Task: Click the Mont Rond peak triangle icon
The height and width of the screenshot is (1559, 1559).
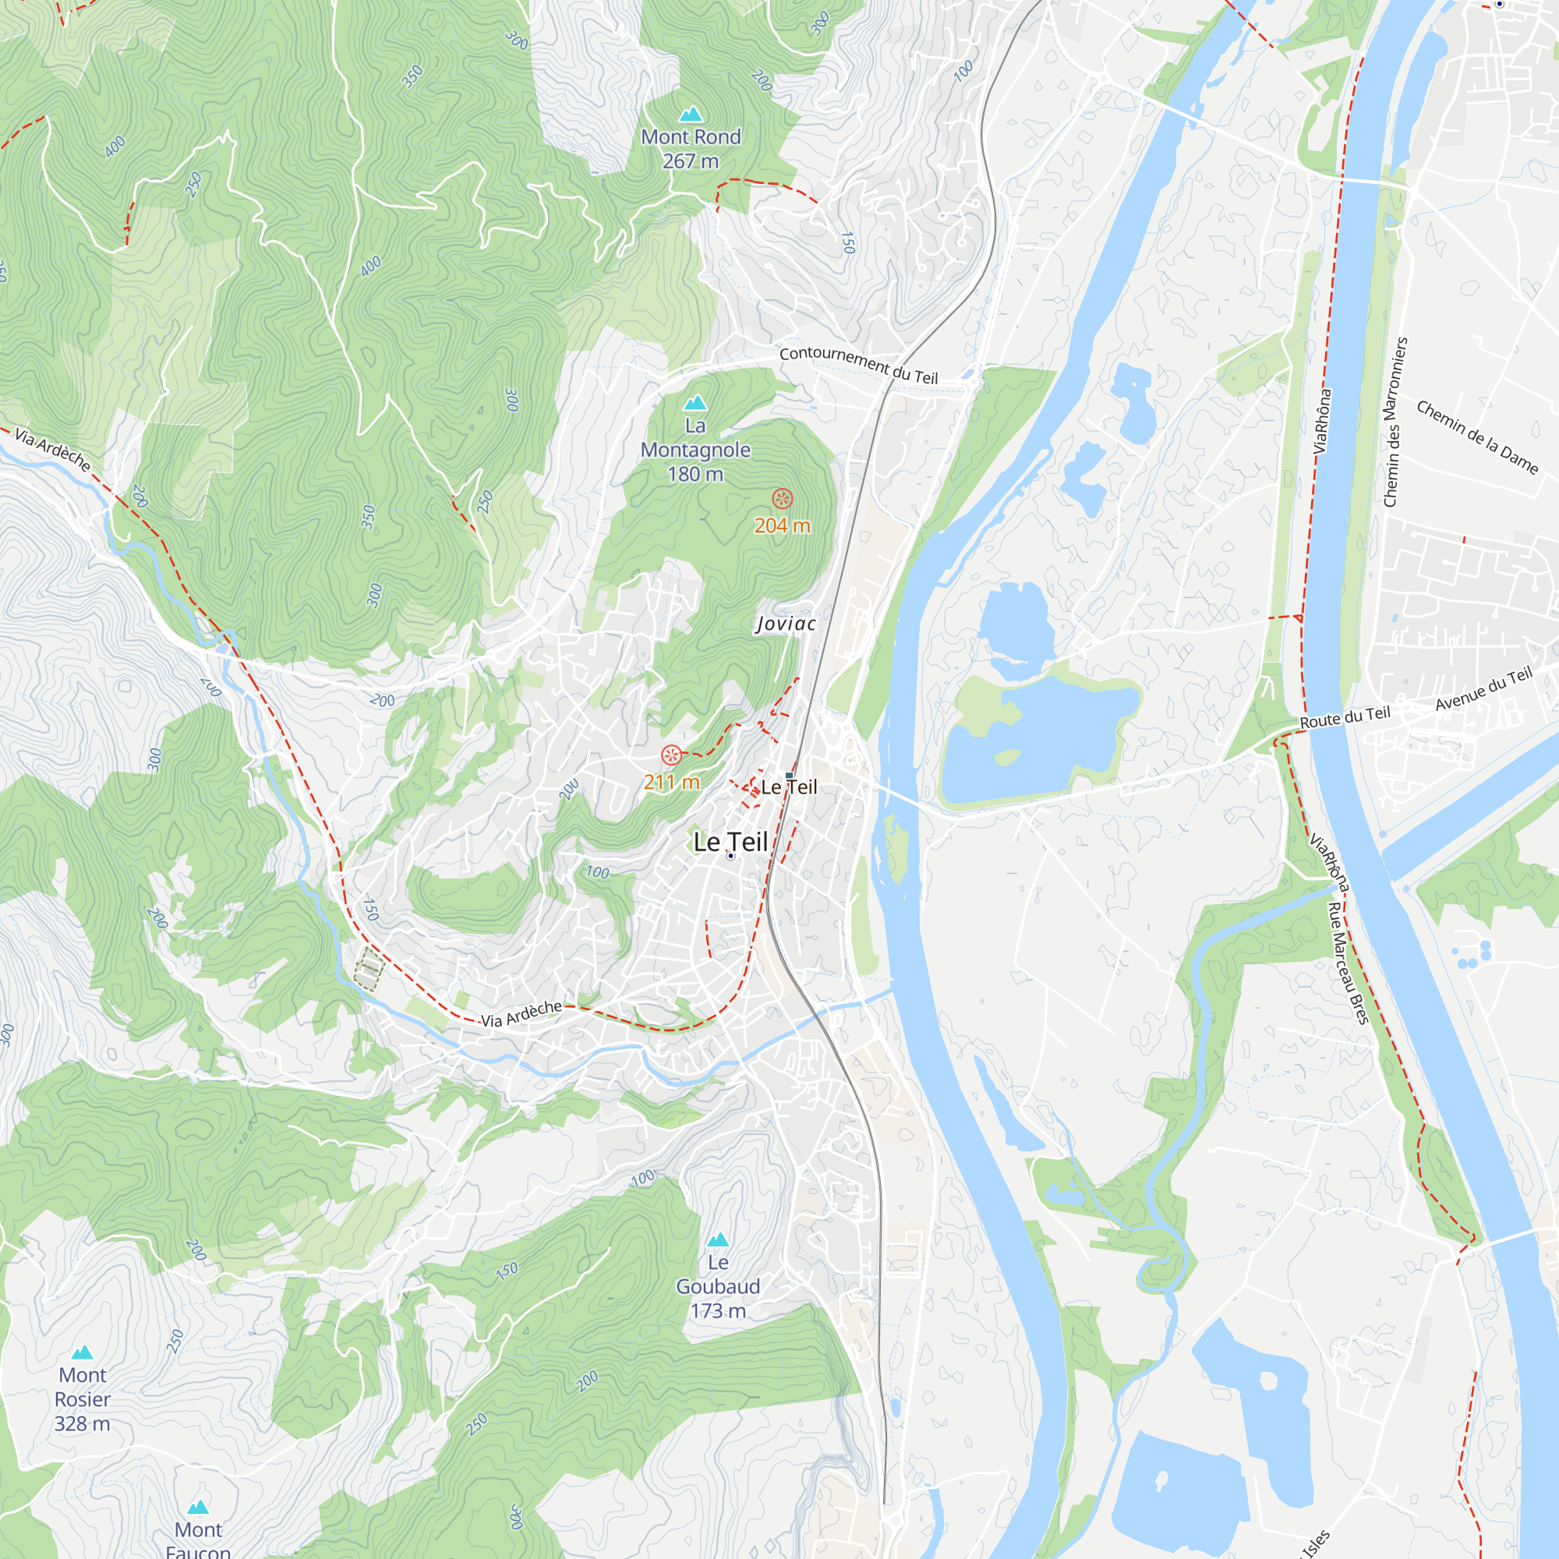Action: coord(691,114)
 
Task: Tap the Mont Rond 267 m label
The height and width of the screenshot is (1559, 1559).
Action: coord(691,150)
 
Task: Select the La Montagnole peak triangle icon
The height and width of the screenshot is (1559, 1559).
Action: coord(695,402)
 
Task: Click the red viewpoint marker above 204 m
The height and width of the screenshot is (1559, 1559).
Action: coord(782,499)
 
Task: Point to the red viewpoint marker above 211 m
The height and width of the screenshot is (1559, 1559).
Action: coord(670,755)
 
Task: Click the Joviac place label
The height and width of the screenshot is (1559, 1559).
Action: coord(786,624)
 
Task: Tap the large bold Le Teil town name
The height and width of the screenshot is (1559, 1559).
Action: coord(730,843)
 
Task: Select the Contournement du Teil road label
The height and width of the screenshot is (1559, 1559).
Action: coord(858,365)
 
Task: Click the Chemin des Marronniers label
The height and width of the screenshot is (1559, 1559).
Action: coord(1395,422)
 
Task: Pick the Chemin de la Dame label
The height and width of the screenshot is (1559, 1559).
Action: coord(1476,437)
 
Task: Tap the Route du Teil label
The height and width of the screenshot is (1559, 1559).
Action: coord(1345,716)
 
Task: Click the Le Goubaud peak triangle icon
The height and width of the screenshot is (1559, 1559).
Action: coord(718,1239)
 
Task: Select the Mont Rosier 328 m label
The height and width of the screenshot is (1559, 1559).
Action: coord(83,1399)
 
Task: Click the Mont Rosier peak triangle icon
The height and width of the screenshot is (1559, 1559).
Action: coord(83,1352)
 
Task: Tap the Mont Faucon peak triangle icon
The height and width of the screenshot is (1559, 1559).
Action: coord(199,1507)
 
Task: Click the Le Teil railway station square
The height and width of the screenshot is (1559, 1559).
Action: coord(789,776)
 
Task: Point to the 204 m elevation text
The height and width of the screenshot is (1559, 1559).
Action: coord(782,526)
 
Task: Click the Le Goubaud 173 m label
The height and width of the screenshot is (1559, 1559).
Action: coord(718,1286)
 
